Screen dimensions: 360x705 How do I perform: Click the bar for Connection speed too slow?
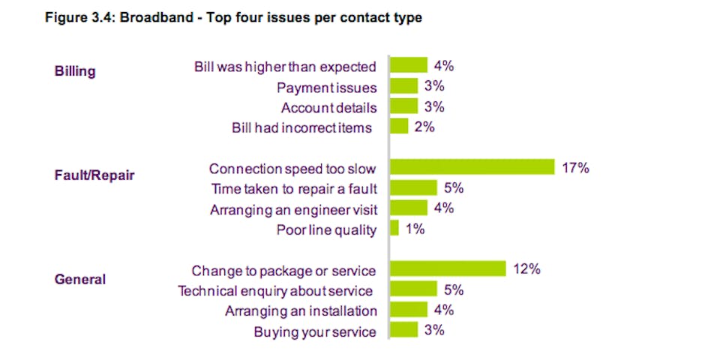point(472,167)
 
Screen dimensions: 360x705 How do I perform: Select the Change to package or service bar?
point(448,268)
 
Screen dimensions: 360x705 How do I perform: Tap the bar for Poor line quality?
point(394,229)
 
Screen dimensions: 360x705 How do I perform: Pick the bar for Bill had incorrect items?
point(399,127)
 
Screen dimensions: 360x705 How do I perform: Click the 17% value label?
point(575,168)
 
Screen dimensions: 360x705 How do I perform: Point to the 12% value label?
point(526,269)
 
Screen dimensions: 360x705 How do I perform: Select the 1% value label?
point(415,229)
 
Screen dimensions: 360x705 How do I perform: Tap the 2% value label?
point(424,127)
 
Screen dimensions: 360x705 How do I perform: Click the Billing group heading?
point(75,71)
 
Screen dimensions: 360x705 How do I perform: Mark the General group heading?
point(79,280)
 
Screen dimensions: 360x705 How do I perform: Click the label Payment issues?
point(326,88)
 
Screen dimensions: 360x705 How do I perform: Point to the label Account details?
point(328,108)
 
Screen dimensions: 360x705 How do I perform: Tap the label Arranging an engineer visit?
point(293,209)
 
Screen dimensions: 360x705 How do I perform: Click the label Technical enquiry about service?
point(274,290)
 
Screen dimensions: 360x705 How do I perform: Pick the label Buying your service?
point(314,331)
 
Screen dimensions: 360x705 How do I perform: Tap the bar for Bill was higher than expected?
point(409,66)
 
